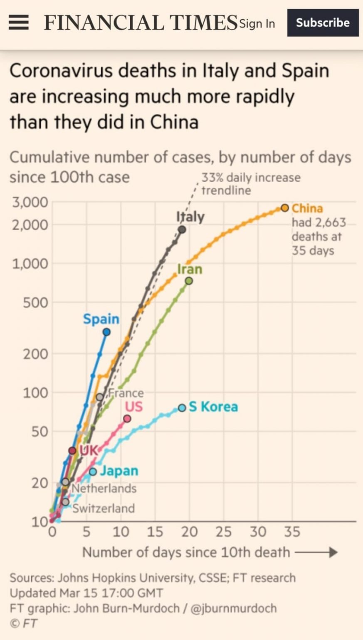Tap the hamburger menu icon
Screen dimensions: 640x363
point(19,22)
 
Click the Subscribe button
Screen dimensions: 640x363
point(323,22)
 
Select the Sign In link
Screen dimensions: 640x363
point(257,24)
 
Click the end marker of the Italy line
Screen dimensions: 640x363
point(182,230)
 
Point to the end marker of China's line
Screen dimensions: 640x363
point(284,208)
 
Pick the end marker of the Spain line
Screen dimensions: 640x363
point(106,332)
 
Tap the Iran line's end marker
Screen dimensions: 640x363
point(189,281)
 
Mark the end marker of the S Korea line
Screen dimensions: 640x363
point(182,408)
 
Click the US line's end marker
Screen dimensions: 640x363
point(127,419)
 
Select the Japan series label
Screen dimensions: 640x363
point(119,471)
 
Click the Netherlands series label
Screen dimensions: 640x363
point(104,488)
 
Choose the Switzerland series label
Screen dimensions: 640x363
point(104,508)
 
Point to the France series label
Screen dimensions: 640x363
point(126,393)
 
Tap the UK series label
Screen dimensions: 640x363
point(89,450)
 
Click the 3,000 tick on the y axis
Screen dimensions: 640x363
point(30,202)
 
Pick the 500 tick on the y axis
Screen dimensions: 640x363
point(35,302)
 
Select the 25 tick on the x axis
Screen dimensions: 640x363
point(223,532)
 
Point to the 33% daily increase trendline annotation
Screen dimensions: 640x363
point(251,184)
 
